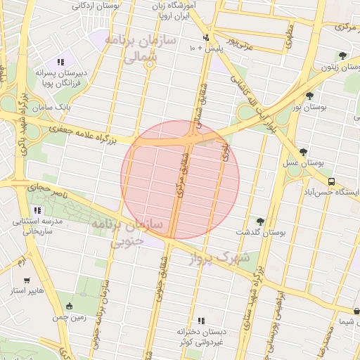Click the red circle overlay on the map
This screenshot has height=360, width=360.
point(180,180)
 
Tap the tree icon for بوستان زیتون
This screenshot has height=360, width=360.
point(342,56)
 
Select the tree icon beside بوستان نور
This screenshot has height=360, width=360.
point(309,95)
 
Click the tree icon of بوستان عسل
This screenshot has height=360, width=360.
point(303,151)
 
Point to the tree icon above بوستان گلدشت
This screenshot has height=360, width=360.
point(261,221)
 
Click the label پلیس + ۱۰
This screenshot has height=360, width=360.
point(205,49)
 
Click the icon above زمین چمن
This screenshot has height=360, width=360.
point(69,306)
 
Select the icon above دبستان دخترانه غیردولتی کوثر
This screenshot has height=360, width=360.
point(201,320)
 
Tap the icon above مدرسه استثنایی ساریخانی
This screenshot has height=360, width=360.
point(37,210)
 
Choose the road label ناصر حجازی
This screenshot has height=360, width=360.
point(44,188)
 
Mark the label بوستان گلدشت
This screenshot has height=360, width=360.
point(262,232)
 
